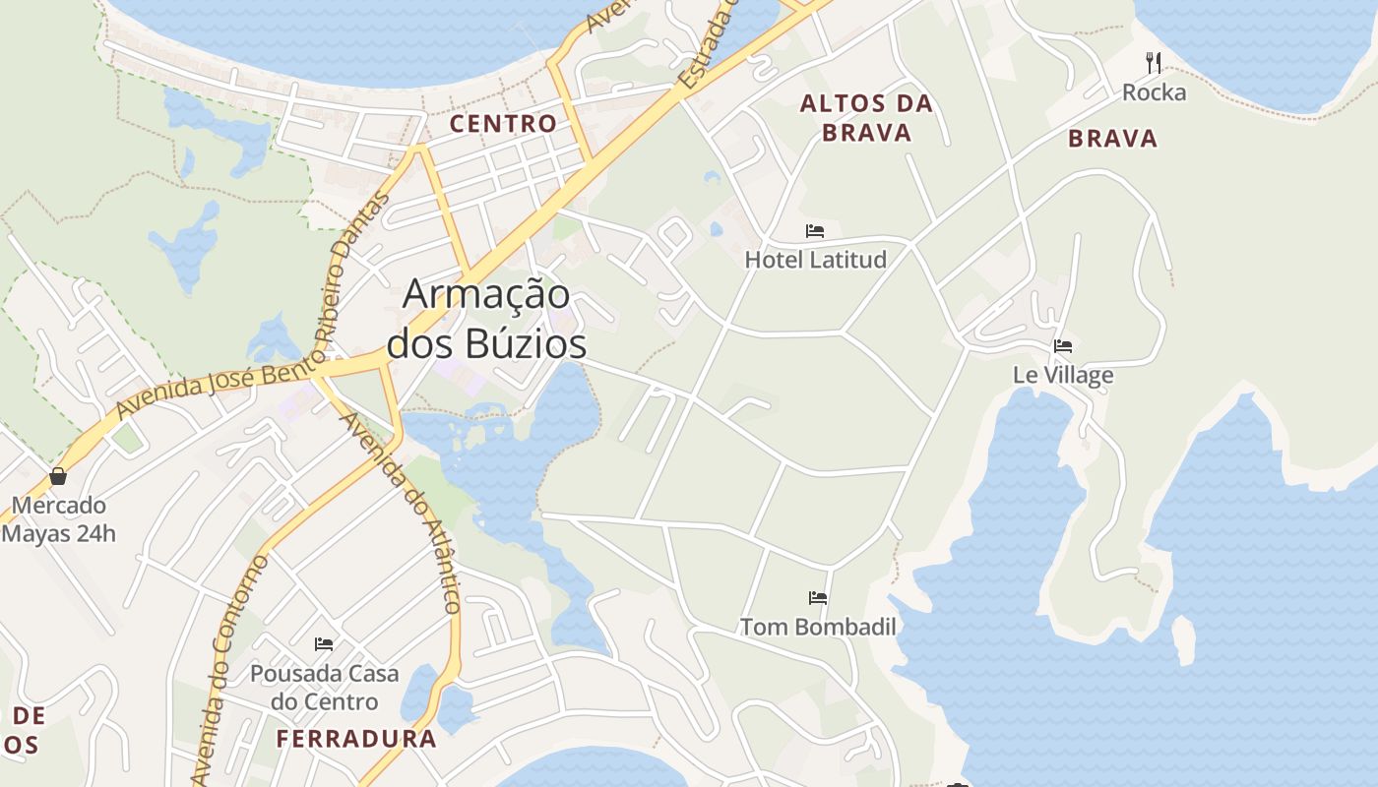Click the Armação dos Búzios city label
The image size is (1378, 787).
point(487,319)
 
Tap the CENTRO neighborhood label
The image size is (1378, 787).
point(503,124)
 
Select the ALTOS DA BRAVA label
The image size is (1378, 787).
point(866,117)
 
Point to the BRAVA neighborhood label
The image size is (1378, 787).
point(1112,139)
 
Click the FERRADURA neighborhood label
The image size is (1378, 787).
point(356,739)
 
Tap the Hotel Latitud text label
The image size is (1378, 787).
point(815,260)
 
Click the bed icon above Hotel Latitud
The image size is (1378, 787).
point(815,231)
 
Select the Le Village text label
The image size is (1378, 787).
point(1063,375)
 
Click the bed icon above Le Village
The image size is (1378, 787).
point(1063,346)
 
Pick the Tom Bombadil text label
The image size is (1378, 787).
point(818,627)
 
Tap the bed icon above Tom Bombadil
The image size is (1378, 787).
point(818,598)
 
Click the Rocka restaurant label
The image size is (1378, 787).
point(1155,92)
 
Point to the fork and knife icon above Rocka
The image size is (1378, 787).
point(1154,63)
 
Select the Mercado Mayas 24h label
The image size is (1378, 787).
point(59,519)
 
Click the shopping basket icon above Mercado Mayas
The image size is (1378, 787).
point(58,477)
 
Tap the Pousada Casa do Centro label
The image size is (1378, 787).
point(324,688)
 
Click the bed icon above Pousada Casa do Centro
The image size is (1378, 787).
point(324,644)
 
